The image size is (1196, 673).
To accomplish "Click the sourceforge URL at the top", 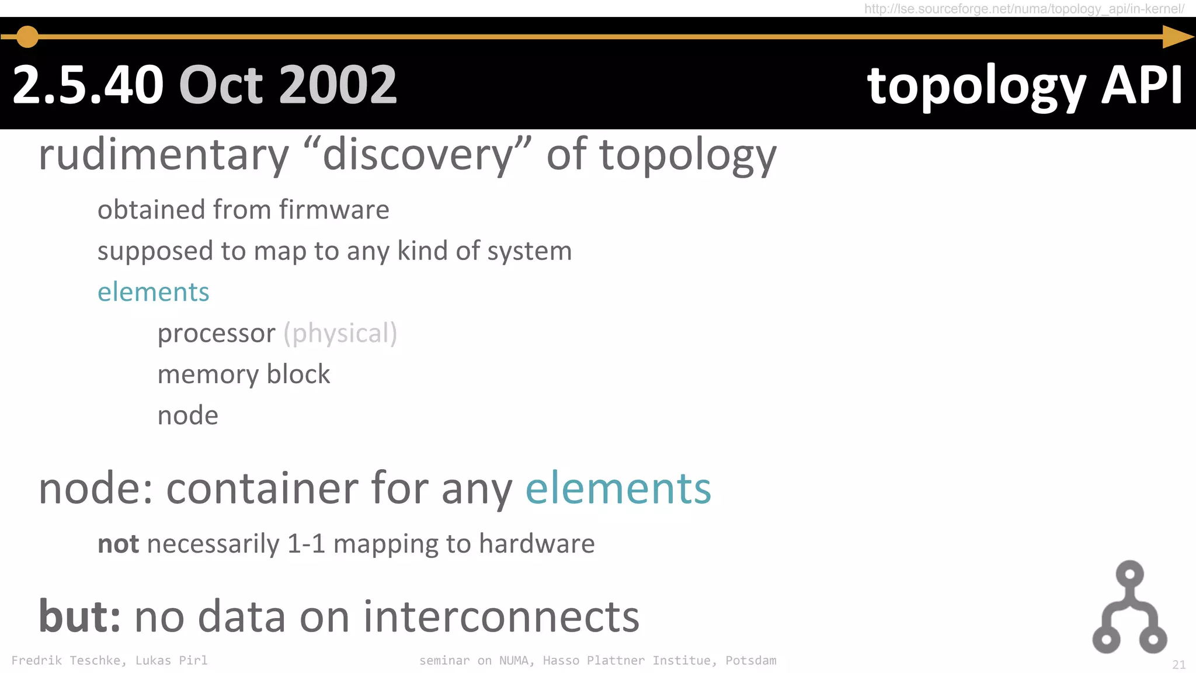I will click(x=1024, y=9).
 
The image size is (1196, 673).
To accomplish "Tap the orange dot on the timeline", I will click(x=27, y=37).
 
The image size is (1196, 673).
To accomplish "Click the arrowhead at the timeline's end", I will click(x=1177, y=37).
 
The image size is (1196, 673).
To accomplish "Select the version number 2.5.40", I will click(x=88, y=85).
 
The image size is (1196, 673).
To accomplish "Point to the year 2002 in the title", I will click(x=338, y=85).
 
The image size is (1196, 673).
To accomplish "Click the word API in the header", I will click(x=1142, y=85).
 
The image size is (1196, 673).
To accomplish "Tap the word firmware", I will click(x=334, y=210).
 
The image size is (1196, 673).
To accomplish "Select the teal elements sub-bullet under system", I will click(x=153, y=292).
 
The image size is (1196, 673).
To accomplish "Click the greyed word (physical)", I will click(x=340, y=334).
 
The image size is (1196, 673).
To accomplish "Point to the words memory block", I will click(x=244, y=374).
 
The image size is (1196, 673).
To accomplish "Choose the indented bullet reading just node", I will click(x=187, y=415).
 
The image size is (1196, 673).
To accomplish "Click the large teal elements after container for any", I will click(x=618, y=488).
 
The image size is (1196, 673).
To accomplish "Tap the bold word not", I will click(x=118, y=544).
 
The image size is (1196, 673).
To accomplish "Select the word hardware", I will click(x=537, y=544).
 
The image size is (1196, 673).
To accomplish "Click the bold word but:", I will click(x=79, y=616).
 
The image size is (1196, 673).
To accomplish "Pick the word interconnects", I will click(x=501, y=616).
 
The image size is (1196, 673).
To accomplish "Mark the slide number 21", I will click(x=1178, y=665).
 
